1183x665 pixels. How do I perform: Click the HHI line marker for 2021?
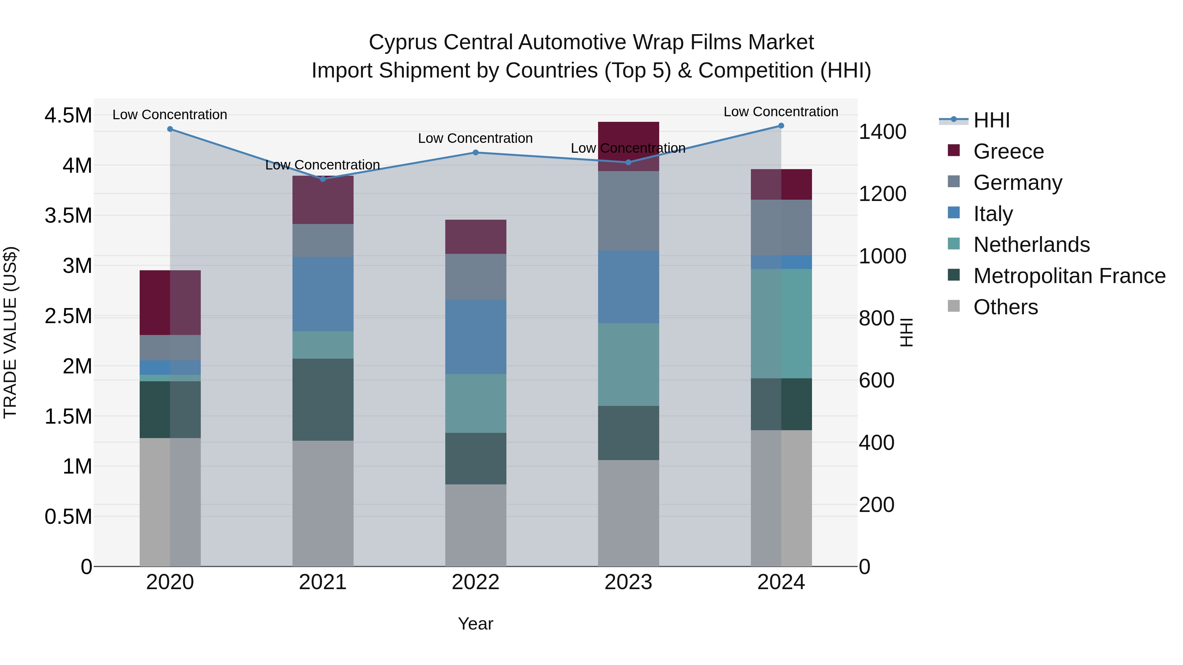point(323,179)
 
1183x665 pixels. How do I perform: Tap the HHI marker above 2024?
point(781,126)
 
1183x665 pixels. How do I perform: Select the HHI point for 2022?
point(476,152)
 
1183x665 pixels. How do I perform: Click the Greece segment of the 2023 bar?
point(628,138)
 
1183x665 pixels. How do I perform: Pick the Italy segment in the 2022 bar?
point(476,337)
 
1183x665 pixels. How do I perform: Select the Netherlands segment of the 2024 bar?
point(781,323)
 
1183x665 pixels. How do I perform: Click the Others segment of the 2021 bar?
point(323,503)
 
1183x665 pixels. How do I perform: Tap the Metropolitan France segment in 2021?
point(323,400)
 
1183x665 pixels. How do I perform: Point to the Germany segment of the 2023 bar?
point(628,211)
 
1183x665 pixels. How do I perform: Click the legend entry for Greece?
point(1008,151)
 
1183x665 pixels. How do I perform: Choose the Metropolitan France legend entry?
point(1069,276)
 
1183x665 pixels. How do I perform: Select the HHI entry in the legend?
point(991,120)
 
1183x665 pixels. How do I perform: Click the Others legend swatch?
point(954,306)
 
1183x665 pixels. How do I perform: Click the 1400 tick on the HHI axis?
point(882,132)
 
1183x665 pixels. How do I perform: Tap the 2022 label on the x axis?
point(476,582)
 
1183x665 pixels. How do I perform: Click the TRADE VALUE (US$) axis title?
point(11,332)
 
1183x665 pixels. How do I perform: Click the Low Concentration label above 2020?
point(170,115)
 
